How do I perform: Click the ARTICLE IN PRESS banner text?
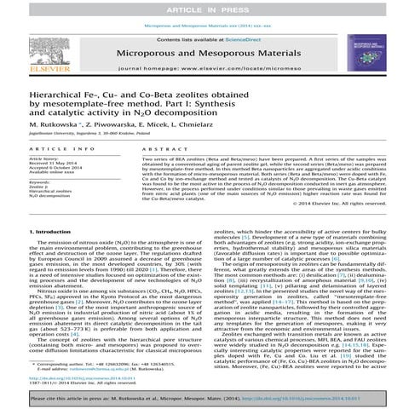[204, 7]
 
